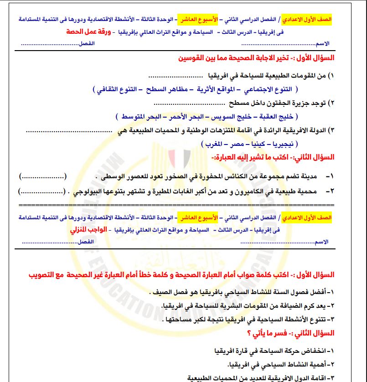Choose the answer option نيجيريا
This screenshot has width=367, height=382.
[x=284, y=144]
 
